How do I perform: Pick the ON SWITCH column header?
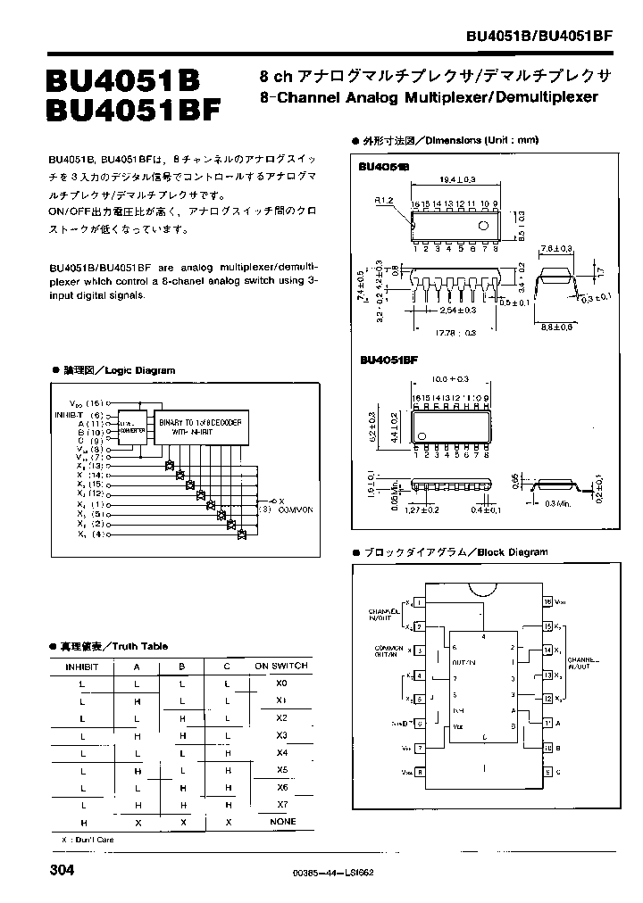(281, 666)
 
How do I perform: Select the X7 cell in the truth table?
(281, 804)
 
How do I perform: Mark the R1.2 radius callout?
(384, 201)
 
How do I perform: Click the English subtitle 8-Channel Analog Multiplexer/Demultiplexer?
(428, 96)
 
